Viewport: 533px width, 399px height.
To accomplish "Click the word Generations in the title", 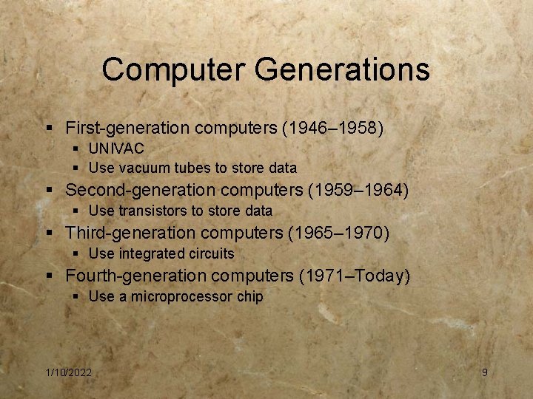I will point(341,70).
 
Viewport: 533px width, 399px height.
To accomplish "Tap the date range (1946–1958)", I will point(332,128).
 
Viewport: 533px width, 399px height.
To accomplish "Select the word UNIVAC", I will point(116,149).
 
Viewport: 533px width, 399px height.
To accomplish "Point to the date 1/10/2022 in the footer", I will point(68,372).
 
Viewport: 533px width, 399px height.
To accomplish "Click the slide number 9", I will point(485,372).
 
